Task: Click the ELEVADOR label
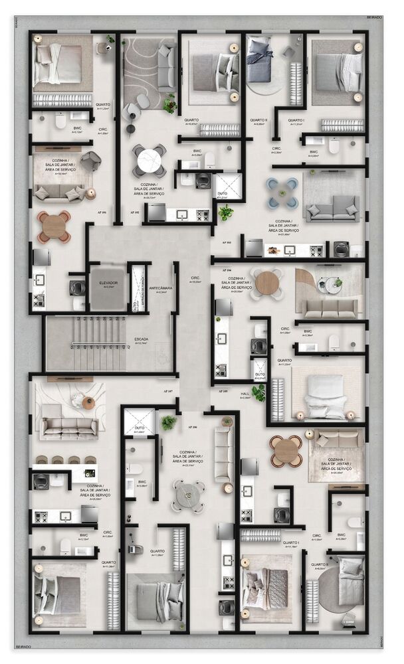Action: (x=108, y=283)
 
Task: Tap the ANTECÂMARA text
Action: (x=161, y=289)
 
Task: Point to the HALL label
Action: (x=245, y=394)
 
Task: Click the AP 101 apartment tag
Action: (x=102, y=213)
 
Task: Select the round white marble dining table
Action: (x=150, y=159)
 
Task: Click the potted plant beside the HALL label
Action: (x=259, y=392)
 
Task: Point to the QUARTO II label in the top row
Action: (x=258, y=121)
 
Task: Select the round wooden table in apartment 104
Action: (x=268, y=284)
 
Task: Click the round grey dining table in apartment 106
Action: (x=189, y=493)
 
